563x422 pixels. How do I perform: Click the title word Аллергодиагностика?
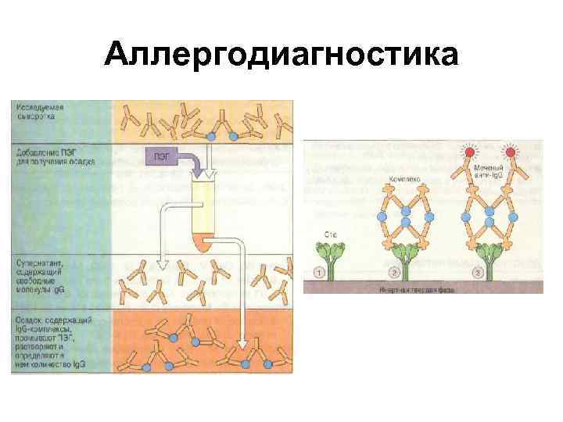281,56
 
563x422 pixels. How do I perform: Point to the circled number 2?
396,272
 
